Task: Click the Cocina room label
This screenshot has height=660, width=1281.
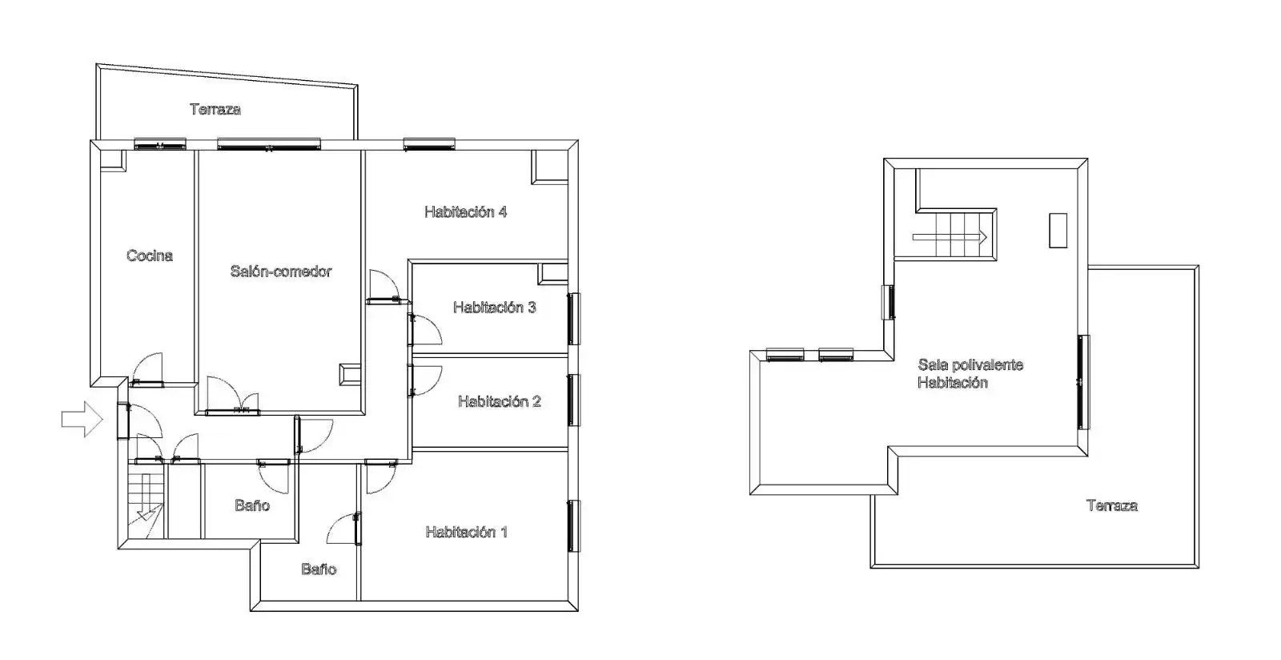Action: pyautogui.click(x=149, y=256)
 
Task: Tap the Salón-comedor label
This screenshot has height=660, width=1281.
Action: pyautogui.click(x=281, y=271)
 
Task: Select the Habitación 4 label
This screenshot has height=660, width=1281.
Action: pyautogui.click(x=465, y=212)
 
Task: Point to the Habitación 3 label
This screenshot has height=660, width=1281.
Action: pyautogui.click(x=495, y=308)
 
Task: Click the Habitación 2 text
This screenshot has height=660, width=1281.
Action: pyautogui.click(x=500, y=401)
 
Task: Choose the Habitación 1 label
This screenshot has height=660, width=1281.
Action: pyautogui.click(x=467, y=533)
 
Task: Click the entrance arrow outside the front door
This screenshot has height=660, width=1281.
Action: pyautogui.click(x=82, y=419)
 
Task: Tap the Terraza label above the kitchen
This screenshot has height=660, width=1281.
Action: pyautogui.click(x=215, y=109)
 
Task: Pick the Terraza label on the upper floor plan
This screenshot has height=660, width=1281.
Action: pyautogui.click(x=1112, y=505)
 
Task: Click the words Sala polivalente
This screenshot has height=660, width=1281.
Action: pyautogui.click(x=970, y=365)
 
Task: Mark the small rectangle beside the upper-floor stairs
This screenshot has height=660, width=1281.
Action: pyautogui.click(x=1058, y=231)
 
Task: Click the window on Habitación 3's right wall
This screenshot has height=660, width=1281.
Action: pyautogui.click(x=573, y=319)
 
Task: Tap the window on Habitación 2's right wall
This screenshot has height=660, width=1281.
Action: pyautogui.click(x=573, y=400)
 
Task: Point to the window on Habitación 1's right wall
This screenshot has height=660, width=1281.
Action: pyautogui.click(x=573, y=526)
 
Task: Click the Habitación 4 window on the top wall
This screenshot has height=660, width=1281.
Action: pyautogui.click(x=429, y=144)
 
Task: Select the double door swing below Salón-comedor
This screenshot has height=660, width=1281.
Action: pyautogui.click(x=233, y=396)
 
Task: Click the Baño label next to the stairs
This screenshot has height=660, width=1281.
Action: pyautogui.click(x=252, y=505)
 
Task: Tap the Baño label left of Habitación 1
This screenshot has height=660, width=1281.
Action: pyautogui.click(x=319, y=569)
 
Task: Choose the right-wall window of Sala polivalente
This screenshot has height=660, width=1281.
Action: pyautogui.click(x=1083, y=382)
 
